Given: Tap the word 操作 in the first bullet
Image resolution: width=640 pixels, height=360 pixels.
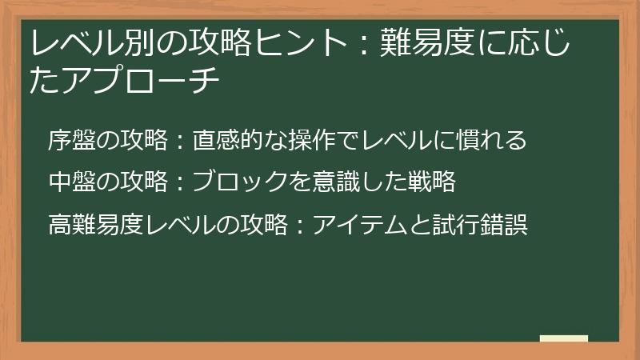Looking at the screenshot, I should (x=309, y=141).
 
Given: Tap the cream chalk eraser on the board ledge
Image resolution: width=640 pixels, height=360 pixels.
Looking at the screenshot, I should (x=563, y=340).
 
